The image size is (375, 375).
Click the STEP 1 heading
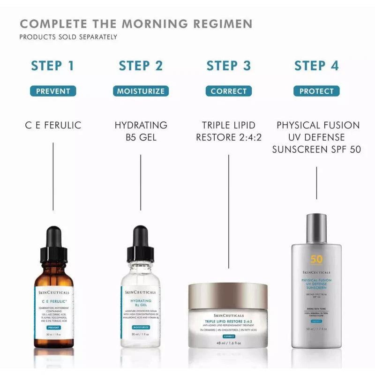click(x=52, y=66)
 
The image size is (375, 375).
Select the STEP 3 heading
click(x=229, y=66)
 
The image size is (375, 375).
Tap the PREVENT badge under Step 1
click(x=53, y=91)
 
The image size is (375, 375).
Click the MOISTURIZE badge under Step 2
click(x=141, y=91)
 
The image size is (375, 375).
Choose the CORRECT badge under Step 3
click(x=228, y=91)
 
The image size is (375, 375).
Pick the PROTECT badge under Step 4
click(x=316, y=91)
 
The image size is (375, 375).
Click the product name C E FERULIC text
click(x=53, y=126)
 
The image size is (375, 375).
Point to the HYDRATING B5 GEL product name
click(x=141, y=131)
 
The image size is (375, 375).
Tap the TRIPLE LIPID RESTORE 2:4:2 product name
click(x=228, y=131)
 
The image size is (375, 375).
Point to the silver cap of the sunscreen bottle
click(x=316, y=228)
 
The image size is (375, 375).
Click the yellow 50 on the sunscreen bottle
click(x=316, y=260)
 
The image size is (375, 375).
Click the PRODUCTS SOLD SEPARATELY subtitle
click(x=68, y=37)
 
